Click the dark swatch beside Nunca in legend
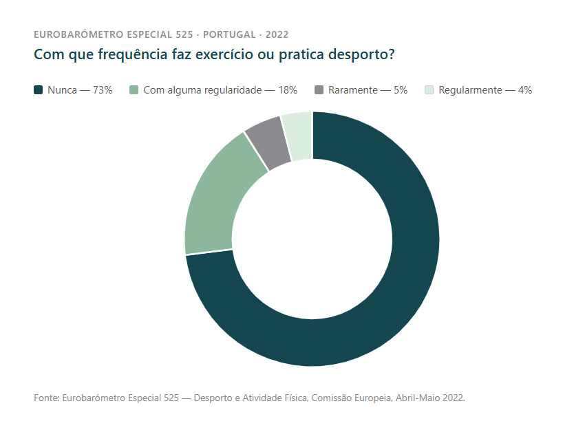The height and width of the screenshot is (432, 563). click(x=39, y=90)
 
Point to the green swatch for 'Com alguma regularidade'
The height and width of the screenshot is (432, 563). click(x=134, y=90)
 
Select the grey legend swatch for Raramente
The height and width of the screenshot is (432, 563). click(x=319, y=90)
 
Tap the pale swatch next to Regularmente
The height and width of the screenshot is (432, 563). click(x=429, y=90)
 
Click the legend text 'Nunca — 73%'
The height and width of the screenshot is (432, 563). click(x=80, y=90)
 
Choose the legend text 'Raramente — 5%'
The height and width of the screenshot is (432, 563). click(x=368, y=90)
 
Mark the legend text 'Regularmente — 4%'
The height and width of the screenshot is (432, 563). click(x=485, y=90)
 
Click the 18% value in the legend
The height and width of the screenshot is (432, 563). click(x=288, y=90)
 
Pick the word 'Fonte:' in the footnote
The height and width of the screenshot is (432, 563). click(x=46, y=398)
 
